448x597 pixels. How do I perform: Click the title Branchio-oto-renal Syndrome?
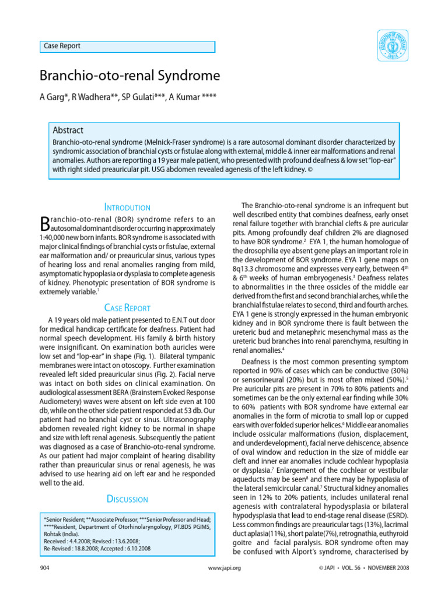pyautogui.click(x=129, y=76)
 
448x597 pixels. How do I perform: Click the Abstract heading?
pyautogui.click(x=68, y=131)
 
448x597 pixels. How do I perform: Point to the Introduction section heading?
pyautogui.click(x=127, y=207)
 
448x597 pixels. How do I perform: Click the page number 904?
pyautogui.click(x=45, y=567)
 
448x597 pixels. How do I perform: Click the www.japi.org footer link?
pyautogui.click(x=224, y=567)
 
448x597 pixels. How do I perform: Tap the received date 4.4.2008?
pyautogui.click(x=84, y=540)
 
